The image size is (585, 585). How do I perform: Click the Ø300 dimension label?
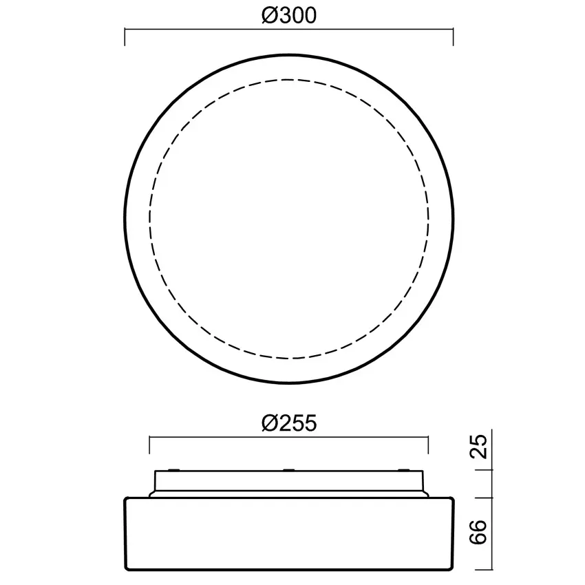(x=289, y=16)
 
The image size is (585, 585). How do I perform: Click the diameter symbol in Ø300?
(x=270, y=16)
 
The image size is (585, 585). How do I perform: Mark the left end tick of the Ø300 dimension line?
(x=125, y=37)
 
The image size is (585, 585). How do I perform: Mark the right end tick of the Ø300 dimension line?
(x=453, y=37)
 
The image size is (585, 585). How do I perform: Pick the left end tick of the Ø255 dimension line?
(x=149, y=445)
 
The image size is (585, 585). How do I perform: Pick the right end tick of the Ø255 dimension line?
(x=429, y=445)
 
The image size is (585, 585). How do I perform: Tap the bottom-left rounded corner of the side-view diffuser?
(x=127, y=566)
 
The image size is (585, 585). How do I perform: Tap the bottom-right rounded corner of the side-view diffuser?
(x=451, y=566)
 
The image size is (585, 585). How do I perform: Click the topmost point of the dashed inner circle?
(x=289, y=81)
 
